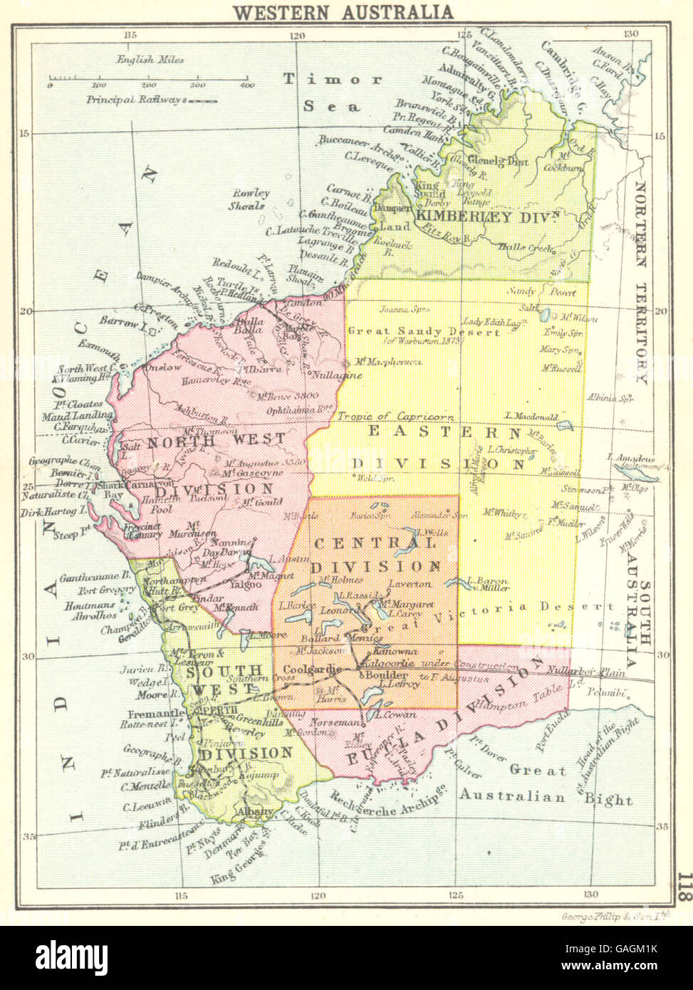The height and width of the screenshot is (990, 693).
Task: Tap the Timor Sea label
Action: coord(333,92)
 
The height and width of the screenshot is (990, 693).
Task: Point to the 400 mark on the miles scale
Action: coord(246,85)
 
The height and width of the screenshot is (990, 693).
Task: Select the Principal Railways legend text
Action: coord(135,100)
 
